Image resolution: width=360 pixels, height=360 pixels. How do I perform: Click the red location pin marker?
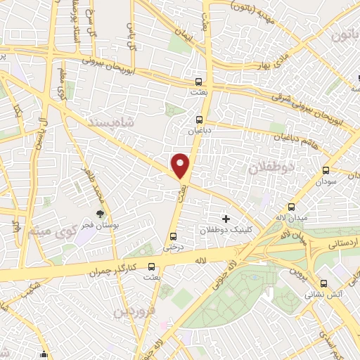pyautogui.click(x=181, y=166)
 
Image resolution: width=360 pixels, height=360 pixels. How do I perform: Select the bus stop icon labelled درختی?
pyautogui.click(x=173, y=236)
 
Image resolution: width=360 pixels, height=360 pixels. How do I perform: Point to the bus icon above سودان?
pyautogui.click(x=325, y=170)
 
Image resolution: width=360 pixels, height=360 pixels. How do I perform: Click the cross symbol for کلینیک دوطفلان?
pyautogui.click(x=226, y=219)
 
